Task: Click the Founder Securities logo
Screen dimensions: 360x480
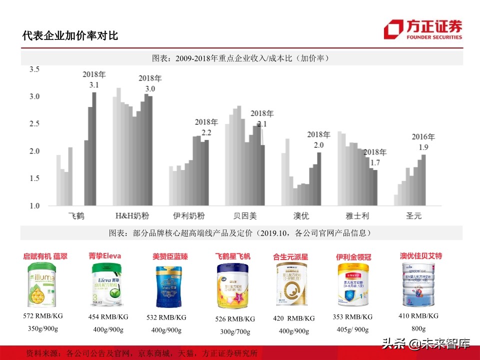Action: tap(422, 29)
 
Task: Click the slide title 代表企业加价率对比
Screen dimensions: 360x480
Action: tap(70, 36)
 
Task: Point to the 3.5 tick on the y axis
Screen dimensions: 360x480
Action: tap(34, 69)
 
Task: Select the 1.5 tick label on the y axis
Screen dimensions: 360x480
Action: tap(34, 178)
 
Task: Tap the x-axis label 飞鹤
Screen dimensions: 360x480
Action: tap(76, 216)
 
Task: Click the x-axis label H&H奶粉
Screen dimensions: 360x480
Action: tap(132, 216)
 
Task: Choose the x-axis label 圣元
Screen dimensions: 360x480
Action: tap(413, 216)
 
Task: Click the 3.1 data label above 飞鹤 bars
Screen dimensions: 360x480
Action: tap(94, 85)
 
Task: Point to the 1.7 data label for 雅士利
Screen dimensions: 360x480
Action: tap(374, 162)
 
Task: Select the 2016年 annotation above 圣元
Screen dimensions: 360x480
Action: tap(423, 136)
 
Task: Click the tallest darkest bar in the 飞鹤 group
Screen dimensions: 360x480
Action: tap(94, 148)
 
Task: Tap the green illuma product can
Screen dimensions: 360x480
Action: tap(42, 285)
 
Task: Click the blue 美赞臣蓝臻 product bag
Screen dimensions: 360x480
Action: tap(168, 286)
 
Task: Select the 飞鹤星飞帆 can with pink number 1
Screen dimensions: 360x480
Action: tap(232, 286)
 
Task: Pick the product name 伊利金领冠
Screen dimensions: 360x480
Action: tap(353, 257)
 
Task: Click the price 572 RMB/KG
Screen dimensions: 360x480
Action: tap(42, 316)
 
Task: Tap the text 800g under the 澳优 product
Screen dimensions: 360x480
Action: tap(418, 328)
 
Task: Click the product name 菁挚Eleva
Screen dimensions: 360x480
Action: tap(105, 256)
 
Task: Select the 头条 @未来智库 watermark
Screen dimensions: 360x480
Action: tap(426, 343)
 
